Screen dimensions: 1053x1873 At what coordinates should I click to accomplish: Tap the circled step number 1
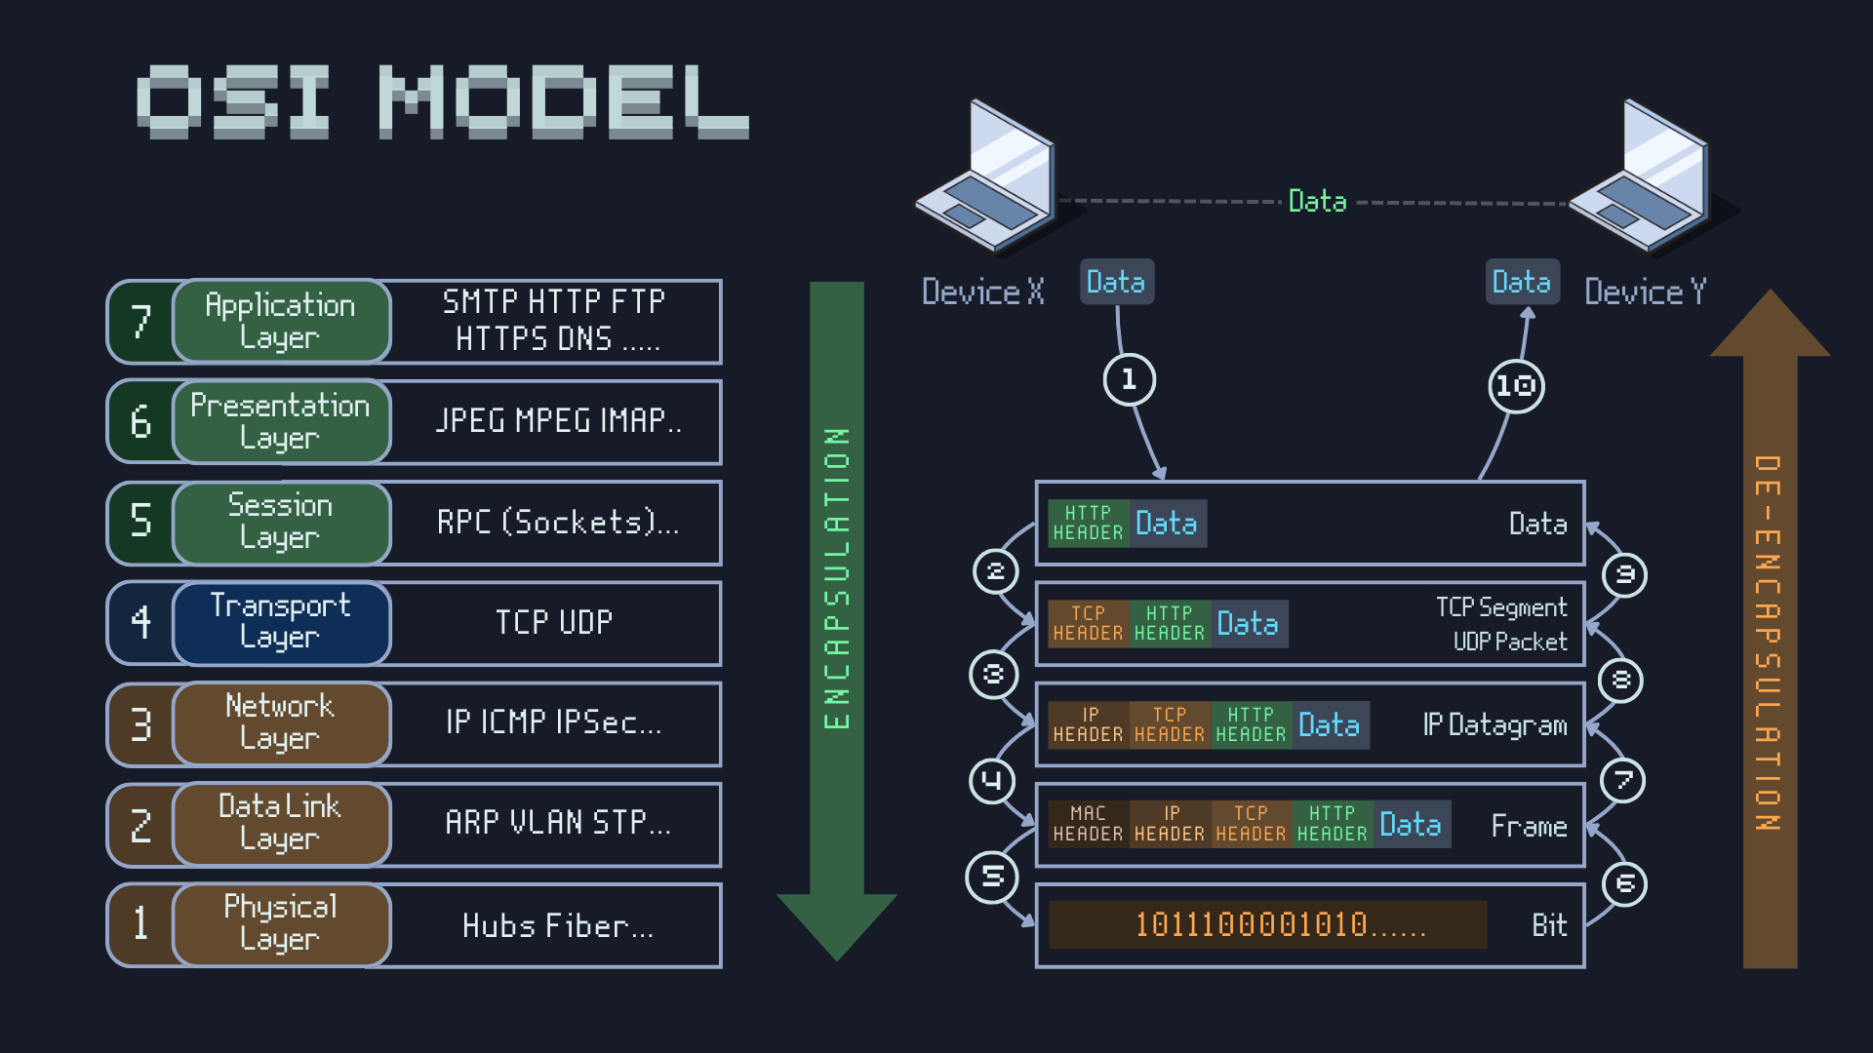[x=1129, y=379]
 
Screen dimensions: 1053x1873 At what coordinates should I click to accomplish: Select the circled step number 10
[x=1516, y=386]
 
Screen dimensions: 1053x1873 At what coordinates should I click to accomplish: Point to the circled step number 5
[x=992, y=877]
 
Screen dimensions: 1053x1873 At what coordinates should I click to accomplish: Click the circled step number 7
[x=1623, y=780]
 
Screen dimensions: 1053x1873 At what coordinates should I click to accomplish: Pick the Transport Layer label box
[x=281, y=622]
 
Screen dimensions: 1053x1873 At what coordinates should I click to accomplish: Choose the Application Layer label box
[x=281, y=321]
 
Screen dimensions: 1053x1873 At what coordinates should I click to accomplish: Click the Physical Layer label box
[x=281, y=923]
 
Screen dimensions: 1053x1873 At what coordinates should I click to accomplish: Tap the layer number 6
[x=140, y=421]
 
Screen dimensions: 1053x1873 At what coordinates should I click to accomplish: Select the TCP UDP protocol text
[x=554, y=622]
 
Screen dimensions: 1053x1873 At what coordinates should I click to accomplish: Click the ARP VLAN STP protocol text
[x=558, y=823]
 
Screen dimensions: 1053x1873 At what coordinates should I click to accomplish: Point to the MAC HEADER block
[x=1088, y=824]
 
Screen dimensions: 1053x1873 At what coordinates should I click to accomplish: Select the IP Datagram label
[x=1494, y=724]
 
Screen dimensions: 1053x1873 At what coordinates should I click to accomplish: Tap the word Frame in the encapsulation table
[x=1529, y=826]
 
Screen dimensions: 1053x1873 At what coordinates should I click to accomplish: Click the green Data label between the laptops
[x=1317, y=201]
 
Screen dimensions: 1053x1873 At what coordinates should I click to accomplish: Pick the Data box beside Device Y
[x=1522, y=282]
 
